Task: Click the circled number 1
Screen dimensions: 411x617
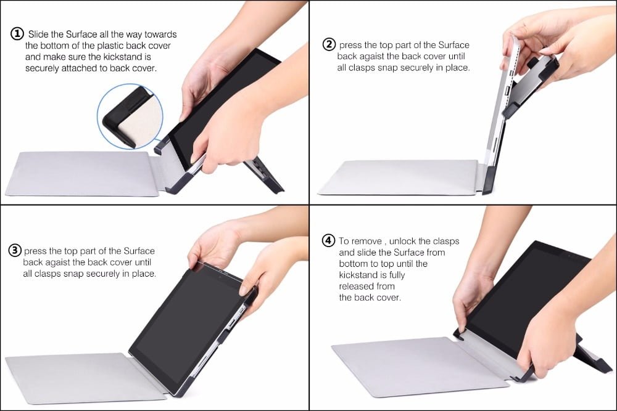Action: [17, 34]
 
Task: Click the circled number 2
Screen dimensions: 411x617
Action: [329, 44]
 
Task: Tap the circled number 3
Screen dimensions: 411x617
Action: [15, 250]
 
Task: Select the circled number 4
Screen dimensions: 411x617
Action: [329, 240]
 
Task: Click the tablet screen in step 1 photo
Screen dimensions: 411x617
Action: [216, 111]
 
